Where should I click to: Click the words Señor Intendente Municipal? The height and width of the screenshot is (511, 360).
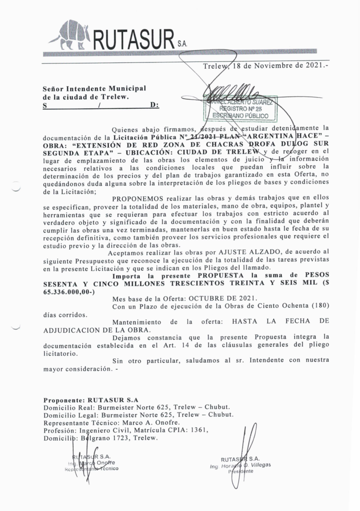94,88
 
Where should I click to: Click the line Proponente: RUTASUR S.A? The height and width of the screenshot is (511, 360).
91,400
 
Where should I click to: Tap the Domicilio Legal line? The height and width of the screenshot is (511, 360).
137,414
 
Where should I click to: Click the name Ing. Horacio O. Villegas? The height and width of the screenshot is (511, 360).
241,465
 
